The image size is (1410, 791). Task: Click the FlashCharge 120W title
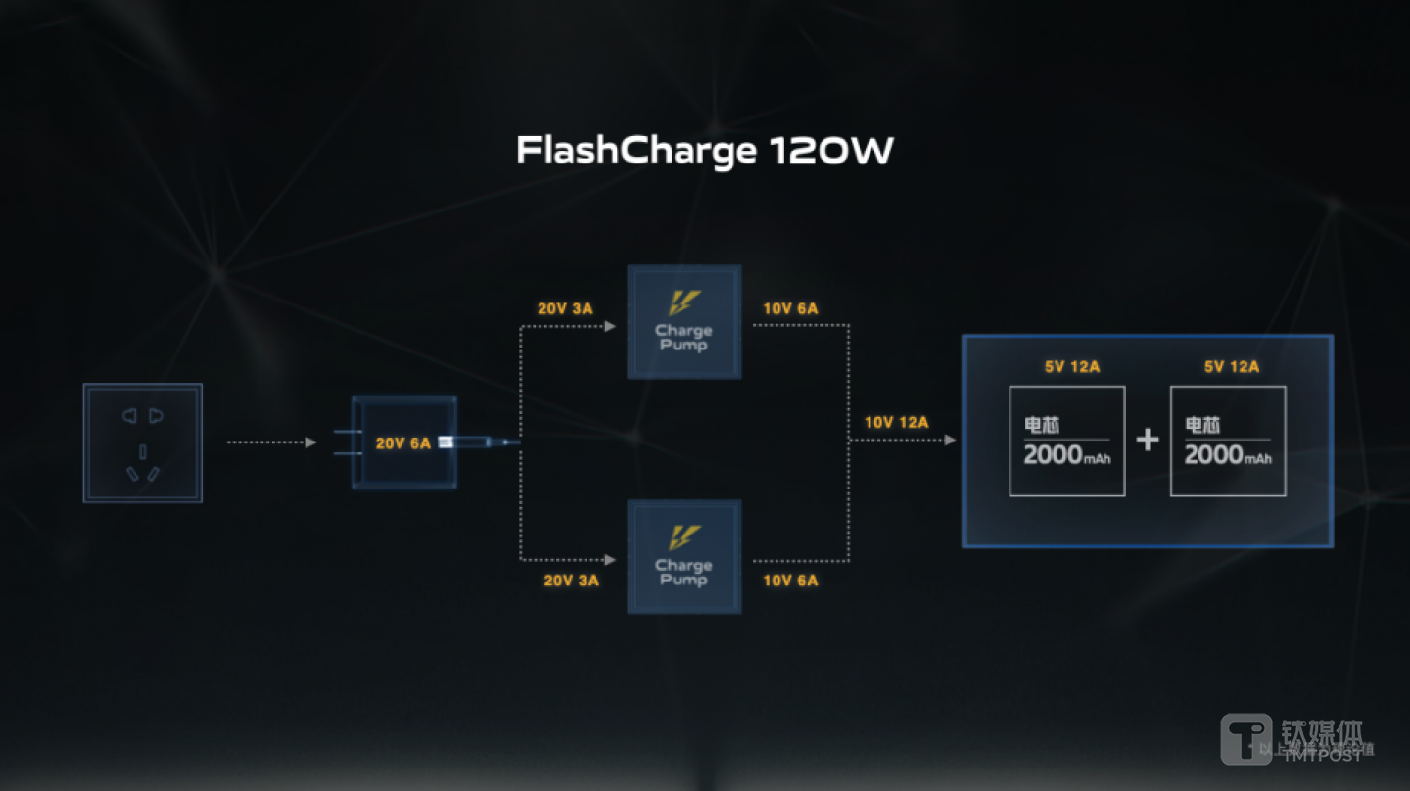coord(704,151)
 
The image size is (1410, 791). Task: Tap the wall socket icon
coord(143,442)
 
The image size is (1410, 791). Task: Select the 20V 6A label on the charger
coord(402,443)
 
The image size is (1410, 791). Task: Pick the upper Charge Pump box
coord(684,321)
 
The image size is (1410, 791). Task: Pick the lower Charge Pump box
coord(684,556)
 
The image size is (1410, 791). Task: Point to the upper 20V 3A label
coord(565,309)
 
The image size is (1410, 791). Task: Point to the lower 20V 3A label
coord(571,581)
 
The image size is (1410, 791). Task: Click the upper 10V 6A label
coord(790,309)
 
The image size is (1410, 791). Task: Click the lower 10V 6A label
coord(790,581)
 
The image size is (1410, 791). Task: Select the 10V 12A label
coord(896,423)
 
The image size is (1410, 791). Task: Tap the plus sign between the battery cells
coord(1148,440)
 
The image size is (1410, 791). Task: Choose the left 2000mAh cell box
coord(1067,441)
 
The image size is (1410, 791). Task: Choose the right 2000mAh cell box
coord(1228,441)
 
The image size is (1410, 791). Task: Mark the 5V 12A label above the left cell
coord(1072,367)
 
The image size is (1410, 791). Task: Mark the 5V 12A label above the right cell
coord(1232,367)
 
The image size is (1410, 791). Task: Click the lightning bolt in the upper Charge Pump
coord(684,301)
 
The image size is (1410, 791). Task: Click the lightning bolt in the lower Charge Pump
coord(684,535)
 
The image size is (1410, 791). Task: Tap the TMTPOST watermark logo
coord(1245,739)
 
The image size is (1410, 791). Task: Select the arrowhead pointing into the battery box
coord(950,441)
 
